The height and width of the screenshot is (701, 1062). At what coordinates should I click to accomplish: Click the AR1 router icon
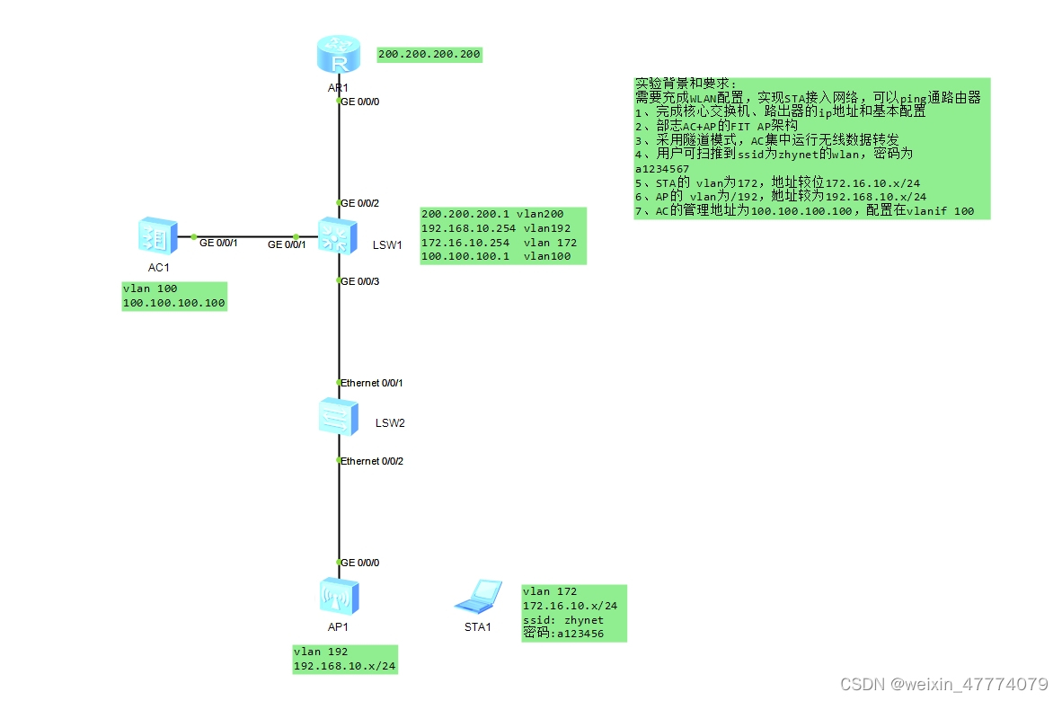click(x=339, y=56)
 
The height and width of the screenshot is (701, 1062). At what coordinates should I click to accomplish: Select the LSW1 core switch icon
click(x=339, y=236)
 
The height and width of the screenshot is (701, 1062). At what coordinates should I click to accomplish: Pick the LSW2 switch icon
click(x=339, y=418)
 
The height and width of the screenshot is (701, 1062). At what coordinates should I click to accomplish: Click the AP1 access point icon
click(x=339, y=595)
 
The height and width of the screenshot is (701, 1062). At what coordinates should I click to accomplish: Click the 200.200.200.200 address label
click(x=429, y=55)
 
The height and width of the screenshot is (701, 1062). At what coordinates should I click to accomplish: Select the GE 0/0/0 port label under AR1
click(x=359, y=102)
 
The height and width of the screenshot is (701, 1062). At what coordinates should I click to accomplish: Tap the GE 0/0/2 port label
click(x=359, y=203)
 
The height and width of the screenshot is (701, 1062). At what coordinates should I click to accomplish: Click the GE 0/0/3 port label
click(x=359, y=281)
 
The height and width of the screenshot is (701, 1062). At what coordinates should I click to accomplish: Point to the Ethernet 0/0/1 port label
click(x=371, y=383)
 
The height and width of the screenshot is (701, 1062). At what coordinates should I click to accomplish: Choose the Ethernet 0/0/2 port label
click(x=371, y=461)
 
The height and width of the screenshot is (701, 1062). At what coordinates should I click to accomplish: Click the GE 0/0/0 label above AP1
click(x=359, y=563)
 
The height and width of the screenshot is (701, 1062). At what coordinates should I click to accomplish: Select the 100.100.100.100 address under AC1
click(x=173, y=304)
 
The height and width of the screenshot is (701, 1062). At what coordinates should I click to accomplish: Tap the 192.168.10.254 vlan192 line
click(x=496, y=228)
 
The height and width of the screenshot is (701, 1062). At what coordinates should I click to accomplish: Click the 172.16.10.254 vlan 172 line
click(x=499, y=243)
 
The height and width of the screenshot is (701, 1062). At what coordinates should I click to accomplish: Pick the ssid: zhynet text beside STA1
click(x=563, y=620)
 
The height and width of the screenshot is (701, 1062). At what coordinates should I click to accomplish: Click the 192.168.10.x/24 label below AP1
click(x=345, y=667)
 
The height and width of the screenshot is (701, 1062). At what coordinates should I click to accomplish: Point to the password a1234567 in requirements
click(x=662, y=168)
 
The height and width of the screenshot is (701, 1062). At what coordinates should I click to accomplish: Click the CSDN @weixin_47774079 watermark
click(x=943, y=684)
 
